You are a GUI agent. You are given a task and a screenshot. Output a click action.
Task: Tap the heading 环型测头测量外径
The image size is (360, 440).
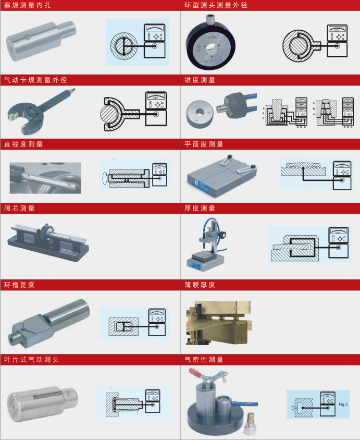coord(216,6)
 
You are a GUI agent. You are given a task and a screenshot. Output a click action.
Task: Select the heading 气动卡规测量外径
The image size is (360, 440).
coord(35,80)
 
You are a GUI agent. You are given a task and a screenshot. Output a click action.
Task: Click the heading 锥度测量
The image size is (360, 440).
coord(200,80)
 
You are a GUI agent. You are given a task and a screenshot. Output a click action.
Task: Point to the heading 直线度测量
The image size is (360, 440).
coord(23,144)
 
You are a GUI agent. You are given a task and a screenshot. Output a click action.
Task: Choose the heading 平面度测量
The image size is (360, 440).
coord(204,144)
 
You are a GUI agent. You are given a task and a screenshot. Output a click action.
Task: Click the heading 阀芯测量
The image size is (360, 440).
coord(19,209)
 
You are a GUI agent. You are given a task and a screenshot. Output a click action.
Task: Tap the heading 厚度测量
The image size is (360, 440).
coord(200,209)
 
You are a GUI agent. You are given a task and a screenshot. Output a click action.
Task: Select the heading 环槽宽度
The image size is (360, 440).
coord(19,285)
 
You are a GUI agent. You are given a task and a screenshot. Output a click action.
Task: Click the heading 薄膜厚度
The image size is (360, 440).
coord(200,285)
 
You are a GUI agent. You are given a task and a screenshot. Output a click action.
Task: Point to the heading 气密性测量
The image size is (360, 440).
coord(204,360)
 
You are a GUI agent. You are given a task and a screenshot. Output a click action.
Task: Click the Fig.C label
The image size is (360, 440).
coord(343,405)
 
